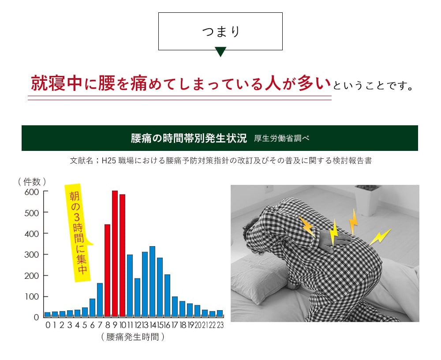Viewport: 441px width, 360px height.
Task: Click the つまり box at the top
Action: coord(220,31)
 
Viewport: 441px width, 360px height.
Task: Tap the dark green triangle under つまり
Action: coord(220,52)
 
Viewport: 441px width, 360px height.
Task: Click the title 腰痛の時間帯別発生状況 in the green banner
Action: coord(189,138)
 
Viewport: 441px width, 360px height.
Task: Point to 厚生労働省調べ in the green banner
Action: coord(282,139)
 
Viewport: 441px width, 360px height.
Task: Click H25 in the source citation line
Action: coord(108,161)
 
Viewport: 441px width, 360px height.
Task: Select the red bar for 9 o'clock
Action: coord(115,254)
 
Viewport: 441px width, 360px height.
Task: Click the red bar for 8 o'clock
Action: coord(107,270)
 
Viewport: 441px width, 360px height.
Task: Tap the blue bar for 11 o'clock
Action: coord(130,285)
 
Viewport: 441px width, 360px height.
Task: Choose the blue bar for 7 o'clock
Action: coord(100,300)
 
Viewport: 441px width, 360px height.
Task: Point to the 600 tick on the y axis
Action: coord(32,192)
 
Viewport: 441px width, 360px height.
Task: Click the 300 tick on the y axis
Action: coord(32,255)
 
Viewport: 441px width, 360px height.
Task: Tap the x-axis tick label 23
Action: coord(220,326)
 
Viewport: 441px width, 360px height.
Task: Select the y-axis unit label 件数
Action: coord(32,181)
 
